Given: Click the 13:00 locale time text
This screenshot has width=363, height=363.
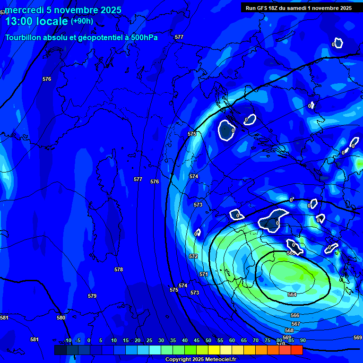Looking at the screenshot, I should point(36,21).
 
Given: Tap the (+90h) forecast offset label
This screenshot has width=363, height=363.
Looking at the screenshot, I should point(82,21).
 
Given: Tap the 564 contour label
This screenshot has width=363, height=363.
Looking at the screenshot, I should point(292,294).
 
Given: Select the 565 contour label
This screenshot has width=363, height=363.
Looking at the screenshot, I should point(291,253).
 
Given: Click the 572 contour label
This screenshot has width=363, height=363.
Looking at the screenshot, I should point(193,256).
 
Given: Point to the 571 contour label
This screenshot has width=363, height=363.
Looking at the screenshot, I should point(204,274).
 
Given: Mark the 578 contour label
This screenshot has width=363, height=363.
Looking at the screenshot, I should point(119,269).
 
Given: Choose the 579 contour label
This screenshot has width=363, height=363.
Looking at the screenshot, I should point(92,296).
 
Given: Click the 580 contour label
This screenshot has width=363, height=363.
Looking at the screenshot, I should point(61,318).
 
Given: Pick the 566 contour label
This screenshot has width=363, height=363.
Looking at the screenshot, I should point(295,315).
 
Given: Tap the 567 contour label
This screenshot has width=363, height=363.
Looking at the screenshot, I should point(296,324).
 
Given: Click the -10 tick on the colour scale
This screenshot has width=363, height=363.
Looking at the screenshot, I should point(68,340).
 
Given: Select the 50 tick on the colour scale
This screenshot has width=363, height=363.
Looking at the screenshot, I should point(208,340).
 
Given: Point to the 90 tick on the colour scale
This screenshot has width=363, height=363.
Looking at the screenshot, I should point(302,340).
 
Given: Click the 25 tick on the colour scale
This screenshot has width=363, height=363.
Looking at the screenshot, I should point(149,340).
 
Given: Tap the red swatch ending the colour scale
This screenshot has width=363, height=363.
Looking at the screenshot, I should point(296,350).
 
